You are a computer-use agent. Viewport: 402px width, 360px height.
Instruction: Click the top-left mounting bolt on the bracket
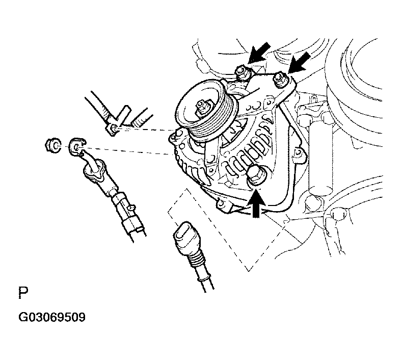(x=243, y=73)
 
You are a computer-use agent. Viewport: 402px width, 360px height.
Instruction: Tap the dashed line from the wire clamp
(x=148, y=128)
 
